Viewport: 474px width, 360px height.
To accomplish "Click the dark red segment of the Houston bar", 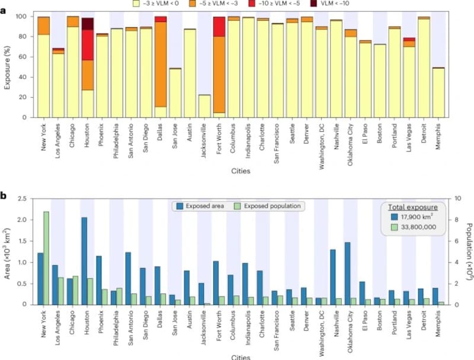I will [x=88, y=24].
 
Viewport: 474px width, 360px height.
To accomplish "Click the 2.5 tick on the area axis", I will [x=24, y=199].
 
